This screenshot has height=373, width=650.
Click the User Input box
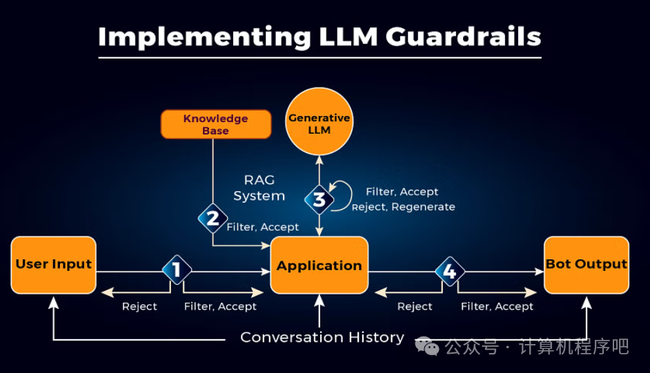click(53, 265)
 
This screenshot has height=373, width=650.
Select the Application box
click(319, 265)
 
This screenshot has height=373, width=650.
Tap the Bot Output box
click(587, 265)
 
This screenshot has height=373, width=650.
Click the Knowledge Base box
click(215, 124)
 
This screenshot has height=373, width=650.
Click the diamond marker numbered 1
click(177, 270)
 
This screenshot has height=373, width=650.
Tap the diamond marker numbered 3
click(319, 200)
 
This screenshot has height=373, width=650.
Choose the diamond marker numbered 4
click(450, 272)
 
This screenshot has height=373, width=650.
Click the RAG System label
click(259, 188)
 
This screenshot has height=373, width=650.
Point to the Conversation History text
click(322, 337)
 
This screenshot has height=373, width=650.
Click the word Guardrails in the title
click(455, 37)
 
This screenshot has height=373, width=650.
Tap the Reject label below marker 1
click(139, 306)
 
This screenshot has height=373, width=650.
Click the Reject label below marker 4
click(415, 306)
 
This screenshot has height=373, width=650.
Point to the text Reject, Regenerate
click(403, 207)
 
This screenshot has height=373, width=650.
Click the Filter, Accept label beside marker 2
click(263, 227)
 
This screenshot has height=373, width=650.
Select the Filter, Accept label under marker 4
click(497, 306)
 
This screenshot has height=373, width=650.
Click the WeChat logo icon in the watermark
click(426, 346)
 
